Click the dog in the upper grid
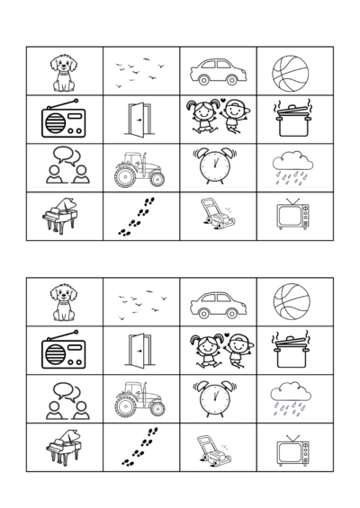click(64, 72)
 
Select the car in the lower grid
click(217, 304)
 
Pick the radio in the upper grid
click(64, 119)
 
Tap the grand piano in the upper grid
click(62, 216)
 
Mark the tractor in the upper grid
click(139, 167)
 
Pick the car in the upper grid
click(217, 72)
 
